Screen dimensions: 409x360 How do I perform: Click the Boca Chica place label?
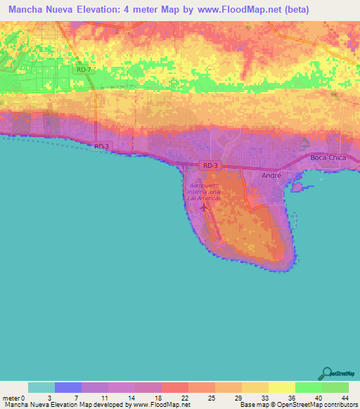coord(328,157)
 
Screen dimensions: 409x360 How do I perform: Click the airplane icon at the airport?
coord(204,207)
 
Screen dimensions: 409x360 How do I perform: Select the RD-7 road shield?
coord(83,69)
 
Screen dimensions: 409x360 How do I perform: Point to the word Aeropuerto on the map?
coord(204,185)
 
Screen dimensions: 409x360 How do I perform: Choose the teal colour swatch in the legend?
coord(41,387)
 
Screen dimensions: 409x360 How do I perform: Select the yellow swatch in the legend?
coord(281,387)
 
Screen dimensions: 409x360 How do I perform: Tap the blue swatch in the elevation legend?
coord(68,387)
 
